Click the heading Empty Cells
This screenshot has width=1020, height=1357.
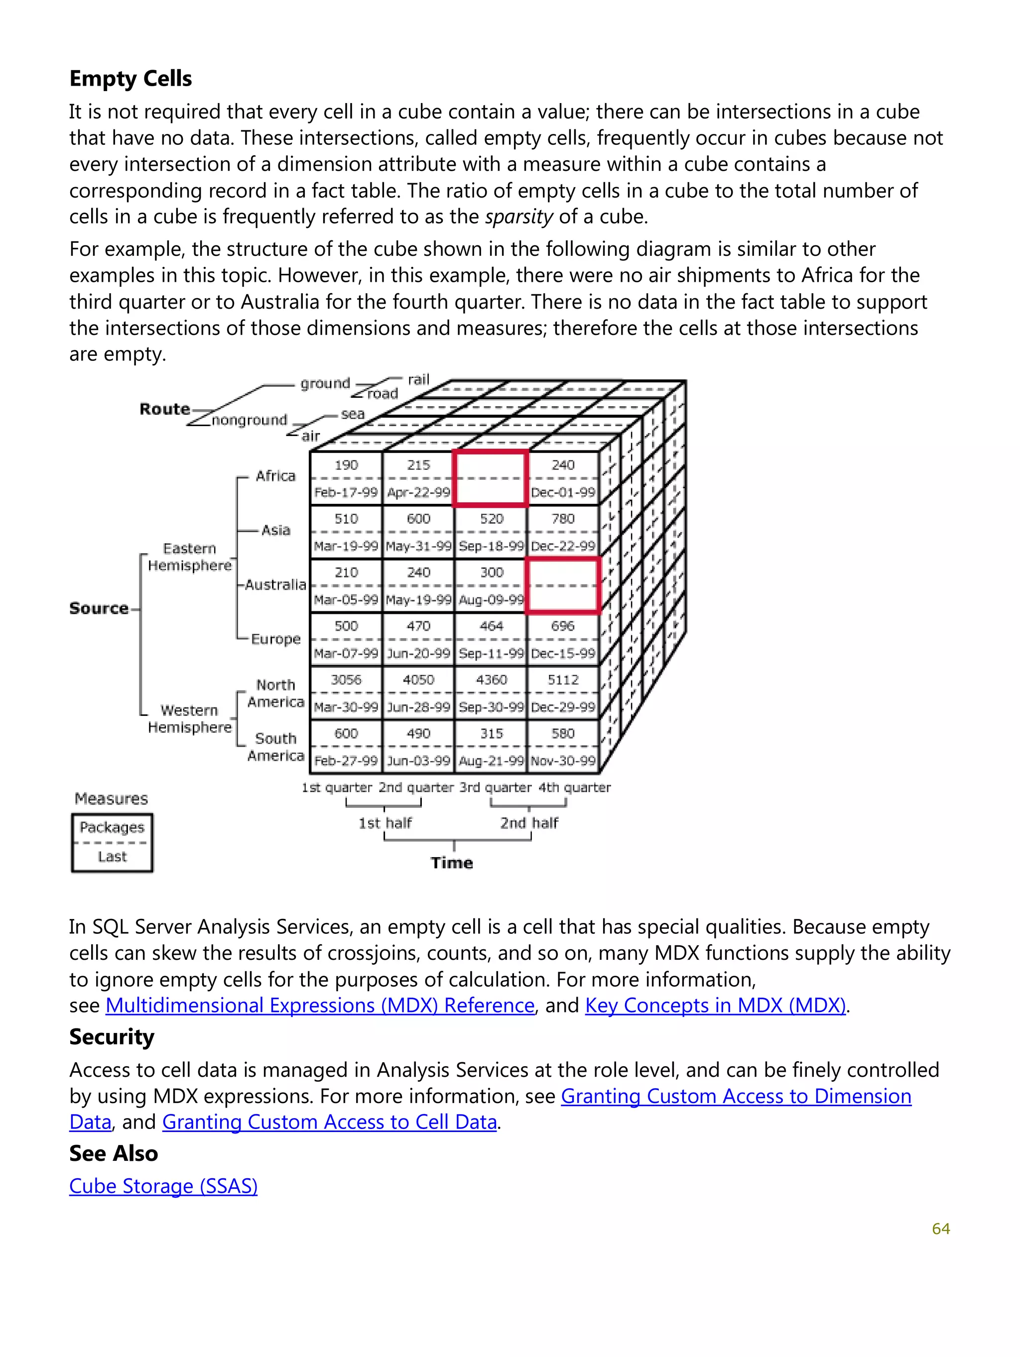tap(130, 79)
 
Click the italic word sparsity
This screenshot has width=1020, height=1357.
tap(518, 217)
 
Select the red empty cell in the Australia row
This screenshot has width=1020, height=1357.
tap(562, 585)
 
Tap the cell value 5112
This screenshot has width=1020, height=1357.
tap(563, 679)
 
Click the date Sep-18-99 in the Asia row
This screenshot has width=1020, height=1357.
tap(491, 546)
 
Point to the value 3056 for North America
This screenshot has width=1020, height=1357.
tap(346, 679)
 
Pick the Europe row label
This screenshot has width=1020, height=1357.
tap(275, 639)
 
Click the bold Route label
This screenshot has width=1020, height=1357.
tap(164, 409)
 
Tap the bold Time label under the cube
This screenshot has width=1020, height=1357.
tap(452, 863)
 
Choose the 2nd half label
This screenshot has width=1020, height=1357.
tap(528, 823)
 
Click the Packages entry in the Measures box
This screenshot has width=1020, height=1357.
tap(112, 827)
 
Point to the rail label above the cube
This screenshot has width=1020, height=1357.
tap(418, 380)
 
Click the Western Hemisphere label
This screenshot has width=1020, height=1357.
tap(190, 718)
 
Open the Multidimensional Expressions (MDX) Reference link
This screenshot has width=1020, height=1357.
tap(320, 1005)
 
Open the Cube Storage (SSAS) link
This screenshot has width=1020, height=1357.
tap(163, 1186)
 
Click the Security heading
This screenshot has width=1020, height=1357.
tap(112, 1037)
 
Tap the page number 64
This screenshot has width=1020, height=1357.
tap(940, 1228)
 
